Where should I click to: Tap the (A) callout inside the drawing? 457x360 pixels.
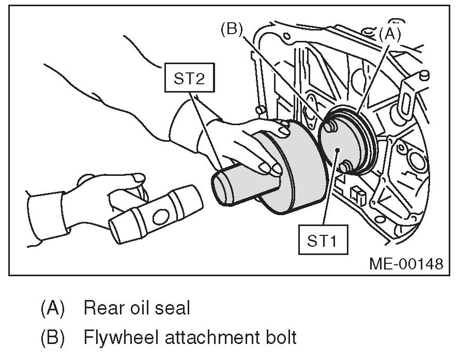coord(390,34)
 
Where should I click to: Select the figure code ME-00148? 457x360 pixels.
coord(406,264)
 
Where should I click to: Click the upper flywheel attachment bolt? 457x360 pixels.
coord(329,126)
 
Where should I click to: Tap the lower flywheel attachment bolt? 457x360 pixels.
coord(346,167)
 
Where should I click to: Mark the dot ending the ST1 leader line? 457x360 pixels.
coord(337,149)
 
